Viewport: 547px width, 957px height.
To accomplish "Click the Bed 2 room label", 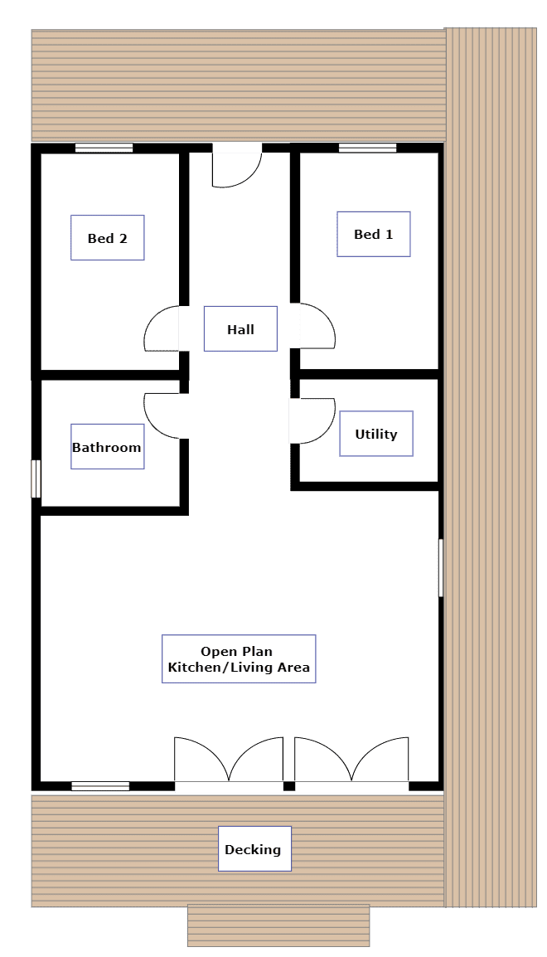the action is pyautogui.click(x=107, y=237).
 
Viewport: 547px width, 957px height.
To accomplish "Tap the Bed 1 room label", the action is pyautogui.click(x=373, y=234).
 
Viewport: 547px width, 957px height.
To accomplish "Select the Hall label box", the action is pyautogui.click(x=240, y=329).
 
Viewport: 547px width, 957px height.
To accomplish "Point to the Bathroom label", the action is pyautogui.click(x=107, y=447).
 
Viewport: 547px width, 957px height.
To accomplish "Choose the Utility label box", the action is pyautogui.click(x=376, y=434).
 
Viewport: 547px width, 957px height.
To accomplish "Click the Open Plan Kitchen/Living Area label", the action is pyautogui.click(x=239, y=658).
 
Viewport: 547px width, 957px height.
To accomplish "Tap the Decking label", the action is pyautogui.click(x=255, y=848).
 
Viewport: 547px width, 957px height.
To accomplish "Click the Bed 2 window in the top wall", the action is pyautogui.click(x=104, y=148).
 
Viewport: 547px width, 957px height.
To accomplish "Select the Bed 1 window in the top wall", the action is pyautogui.click(x=367, y=148).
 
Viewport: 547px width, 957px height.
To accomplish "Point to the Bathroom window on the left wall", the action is pyautogui.click(x=36, y=479).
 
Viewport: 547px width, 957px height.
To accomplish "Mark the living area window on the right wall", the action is pyautogui.click(x=441, y=567).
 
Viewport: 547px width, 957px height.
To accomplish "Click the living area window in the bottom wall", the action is pyautogui.click(x=100, y=786).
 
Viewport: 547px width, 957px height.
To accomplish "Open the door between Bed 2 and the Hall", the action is pyautogui.click(x=162, y=328).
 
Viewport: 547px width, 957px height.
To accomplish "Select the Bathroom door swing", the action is pyautogui.click(x=162, y=415).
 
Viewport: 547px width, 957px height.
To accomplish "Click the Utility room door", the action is pyautogui.click(x=312, y=420).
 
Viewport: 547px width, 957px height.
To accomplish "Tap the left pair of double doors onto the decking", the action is pyautogui.click(x=229, y=760).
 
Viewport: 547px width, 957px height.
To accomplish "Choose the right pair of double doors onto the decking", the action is pyautogui.click(x=352, y=760).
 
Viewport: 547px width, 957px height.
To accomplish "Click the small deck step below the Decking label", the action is pyautogui.click(x=278, y=925).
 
